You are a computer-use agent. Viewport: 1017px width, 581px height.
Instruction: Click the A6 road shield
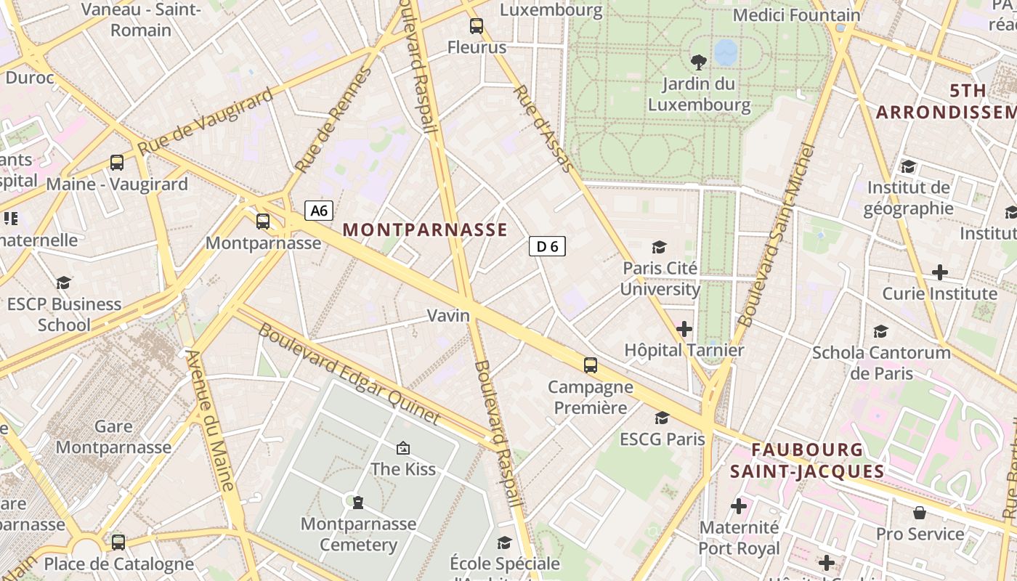(319, 211)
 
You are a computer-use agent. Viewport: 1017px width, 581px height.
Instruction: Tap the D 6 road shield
(547, 247)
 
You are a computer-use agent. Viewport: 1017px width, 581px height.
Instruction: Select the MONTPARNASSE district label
(425, 230)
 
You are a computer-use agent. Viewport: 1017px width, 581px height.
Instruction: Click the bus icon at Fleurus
(477, 26)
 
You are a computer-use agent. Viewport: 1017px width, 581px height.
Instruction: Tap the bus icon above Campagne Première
(591, 365)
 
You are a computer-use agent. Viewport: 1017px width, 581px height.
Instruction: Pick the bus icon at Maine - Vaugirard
(117, 163)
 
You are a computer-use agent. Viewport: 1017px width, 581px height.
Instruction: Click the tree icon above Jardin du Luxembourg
(699, 62)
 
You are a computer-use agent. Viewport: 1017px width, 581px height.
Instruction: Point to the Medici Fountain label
(796, 15)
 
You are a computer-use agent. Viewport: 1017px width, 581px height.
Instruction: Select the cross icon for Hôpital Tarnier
(684, 329)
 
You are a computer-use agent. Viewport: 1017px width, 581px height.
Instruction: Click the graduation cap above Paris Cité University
(659, 247)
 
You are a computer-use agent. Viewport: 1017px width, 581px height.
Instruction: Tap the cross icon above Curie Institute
(939, 272)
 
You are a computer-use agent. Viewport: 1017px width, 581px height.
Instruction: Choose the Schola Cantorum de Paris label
(881, 362)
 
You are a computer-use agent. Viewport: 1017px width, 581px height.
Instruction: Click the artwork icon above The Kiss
(403, 448)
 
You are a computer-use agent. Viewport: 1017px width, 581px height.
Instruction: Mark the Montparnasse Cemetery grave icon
(357, 502)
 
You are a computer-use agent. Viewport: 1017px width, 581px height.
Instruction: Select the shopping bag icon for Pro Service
(920, 513)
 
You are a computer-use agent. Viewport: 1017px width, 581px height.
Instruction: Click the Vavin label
(448, 316)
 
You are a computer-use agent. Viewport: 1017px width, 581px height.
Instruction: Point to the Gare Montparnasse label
(113, 436)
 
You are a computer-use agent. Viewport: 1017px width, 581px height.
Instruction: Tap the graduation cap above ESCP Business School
(64, 283)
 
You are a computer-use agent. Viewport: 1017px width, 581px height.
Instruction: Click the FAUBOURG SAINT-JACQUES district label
(807, 460)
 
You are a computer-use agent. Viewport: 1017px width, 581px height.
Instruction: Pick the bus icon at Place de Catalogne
(118, 542)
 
